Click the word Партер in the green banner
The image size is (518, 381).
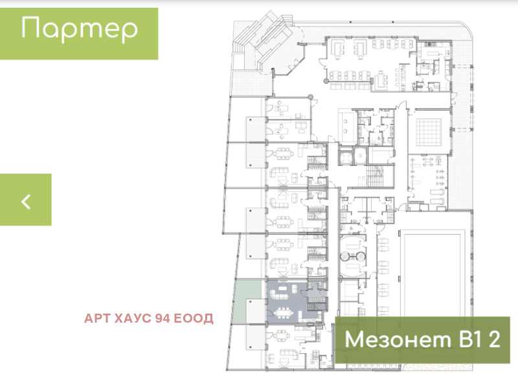(79, 29)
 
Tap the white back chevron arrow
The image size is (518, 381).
(26, 201)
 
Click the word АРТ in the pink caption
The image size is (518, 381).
(97, 318)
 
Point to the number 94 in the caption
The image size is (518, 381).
(163, 318)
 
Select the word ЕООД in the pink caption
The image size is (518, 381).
(193, 318)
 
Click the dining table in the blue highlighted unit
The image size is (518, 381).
(282, 312)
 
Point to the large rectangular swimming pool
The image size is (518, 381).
(432, 275)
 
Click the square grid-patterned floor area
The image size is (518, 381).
(429, 132)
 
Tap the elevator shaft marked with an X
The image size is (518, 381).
(360, 156)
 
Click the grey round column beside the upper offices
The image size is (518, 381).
(310, 97)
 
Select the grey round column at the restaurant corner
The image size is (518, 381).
(326, 81)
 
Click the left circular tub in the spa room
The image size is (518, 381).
(344, 256)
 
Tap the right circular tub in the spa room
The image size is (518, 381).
(361, 256)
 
